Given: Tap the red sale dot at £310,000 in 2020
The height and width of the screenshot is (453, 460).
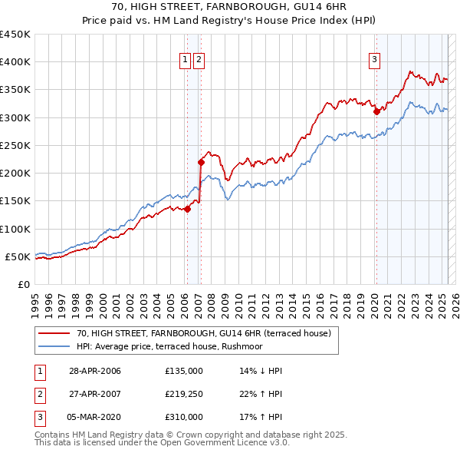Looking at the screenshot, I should pos(376,111).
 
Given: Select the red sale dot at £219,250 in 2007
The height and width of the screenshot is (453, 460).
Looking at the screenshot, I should pos(201,162).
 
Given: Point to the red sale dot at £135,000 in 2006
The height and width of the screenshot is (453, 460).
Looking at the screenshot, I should pos(187,209).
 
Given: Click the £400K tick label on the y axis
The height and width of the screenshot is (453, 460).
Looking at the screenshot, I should pos(15,62).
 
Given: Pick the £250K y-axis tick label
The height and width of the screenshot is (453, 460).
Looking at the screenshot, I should pos(15,146).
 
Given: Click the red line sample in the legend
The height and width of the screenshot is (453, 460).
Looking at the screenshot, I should pos(54,333).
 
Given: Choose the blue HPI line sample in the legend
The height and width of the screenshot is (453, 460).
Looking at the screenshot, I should pos(54,346).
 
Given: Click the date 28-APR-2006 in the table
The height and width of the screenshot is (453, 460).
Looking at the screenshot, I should pos(94,371).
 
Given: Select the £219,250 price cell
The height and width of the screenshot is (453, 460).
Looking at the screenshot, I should pos(184,394).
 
